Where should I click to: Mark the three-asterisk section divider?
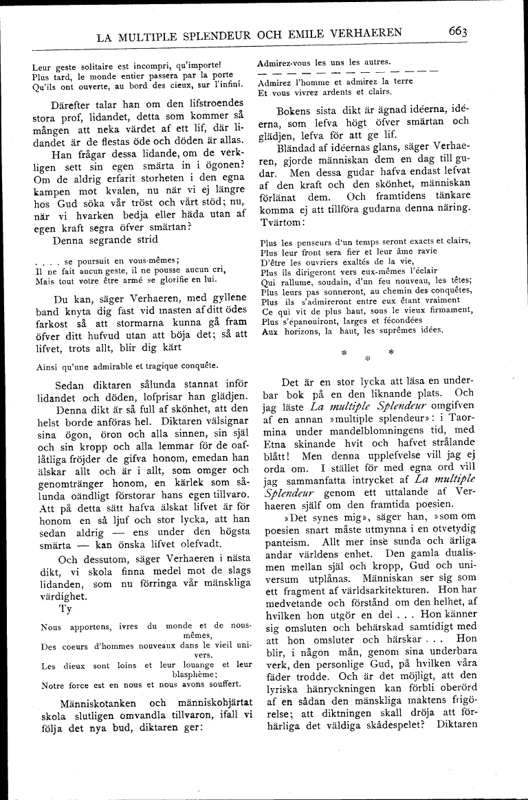coord(366,354)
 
